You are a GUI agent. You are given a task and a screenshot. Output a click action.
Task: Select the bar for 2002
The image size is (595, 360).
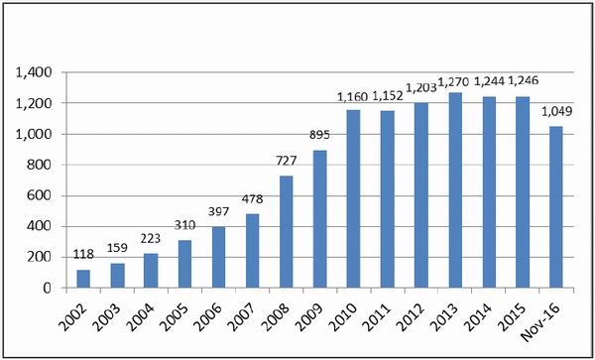(83, 279)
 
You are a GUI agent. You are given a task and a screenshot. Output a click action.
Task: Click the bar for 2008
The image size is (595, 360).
(287, 232)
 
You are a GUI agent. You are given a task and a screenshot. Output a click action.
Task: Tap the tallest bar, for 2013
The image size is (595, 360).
(455, 190)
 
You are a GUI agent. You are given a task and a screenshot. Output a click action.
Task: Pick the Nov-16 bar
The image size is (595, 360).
(556, 207)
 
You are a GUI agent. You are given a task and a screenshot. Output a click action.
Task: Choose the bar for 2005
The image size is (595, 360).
(184, 264)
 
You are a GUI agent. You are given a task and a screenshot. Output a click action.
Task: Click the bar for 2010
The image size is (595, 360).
(354, 198)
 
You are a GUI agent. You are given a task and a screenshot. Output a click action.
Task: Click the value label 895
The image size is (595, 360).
(320, 135)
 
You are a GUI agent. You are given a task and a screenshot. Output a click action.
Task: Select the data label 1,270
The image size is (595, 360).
(454, 81)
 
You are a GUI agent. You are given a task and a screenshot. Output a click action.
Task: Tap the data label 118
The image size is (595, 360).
(83, 255)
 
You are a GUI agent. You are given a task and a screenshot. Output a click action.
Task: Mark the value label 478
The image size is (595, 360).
(252, 198)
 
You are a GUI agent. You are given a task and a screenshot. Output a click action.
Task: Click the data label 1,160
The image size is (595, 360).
(352, 97)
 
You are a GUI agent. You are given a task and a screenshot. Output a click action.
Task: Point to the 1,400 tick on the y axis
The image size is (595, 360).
(33, 72)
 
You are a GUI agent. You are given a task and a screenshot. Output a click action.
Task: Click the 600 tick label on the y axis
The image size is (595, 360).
(40, 195)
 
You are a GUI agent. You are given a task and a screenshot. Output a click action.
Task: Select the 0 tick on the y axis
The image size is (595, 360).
(47, 289)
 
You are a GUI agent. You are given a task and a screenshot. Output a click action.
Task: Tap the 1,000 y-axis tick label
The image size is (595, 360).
(33, 134)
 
